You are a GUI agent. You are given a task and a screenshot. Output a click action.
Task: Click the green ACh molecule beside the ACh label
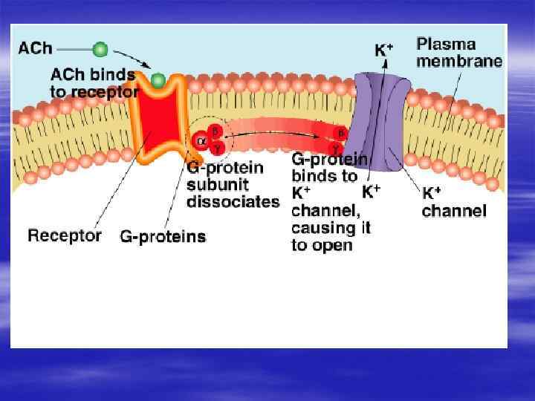100,50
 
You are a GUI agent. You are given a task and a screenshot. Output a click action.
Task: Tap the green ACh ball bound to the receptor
158,79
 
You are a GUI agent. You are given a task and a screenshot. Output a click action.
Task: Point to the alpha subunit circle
201,141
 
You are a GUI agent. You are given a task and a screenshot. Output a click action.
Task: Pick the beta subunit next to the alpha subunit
215,131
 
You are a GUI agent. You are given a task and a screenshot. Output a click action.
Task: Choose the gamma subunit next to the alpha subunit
217,148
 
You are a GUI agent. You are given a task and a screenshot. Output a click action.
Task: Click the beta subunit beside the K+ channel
340,134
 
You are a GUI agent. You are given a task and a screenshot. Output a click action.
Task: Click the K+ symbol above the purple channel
383,50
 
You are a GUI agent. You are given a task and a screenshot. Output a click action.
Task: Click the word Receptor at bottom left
65,235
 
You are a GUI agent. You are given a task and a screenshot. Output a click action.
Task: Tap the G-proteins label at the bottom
163,237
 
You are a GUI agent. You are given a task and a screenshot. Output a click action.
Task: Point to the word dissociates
233,201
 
